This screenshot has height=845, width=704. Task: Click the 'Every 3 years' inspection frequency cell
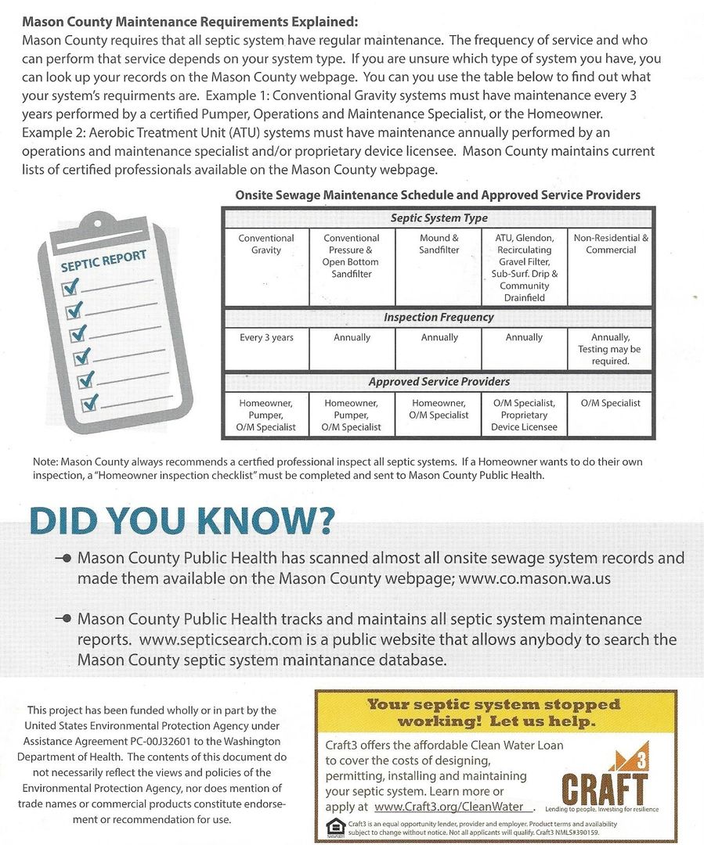266,338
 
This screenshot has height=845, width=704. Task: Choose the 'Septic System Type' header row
439,218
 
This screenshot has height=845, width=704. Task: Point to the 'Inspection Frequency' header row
439,318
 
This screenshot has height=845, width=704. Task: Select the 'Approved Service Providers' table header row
439,382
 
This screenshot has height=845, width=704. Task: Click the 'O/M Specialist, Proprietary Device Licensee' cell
524,415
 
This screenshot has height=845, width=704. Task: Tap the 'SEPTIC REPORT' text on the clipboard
103,262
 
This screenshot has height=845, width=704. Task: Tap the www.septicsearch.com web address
221,639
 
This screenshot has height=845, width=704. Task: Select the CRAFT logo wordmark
605,787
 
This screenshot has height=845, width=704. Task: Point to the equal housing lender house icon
334,827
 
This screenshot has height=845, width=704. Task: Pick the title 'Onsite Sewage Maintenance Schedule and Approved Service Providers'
438,195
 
